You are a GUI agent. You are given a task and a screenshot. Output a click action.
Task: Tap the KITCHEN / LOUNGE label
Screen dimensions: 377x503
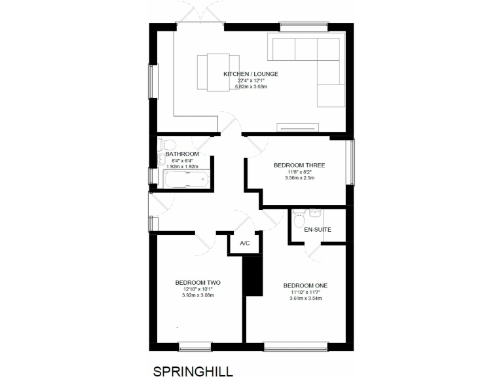click(x=251, y=74)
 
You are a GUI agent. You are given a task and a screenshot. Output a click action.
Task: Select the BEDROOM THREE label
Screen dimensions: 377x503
click(x=299, y=165)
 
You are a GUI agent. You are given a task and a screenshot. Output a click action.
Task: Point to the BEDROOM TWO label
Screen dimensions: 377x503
click(x=198, y=283)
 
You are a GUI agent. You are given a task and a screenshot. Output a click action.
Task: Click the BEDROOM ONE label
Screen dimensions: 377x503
click(x=305, y=285)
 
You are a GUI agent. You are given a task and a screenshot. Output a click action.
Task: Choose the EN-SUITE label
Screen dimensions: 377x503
click(x=318, y=230)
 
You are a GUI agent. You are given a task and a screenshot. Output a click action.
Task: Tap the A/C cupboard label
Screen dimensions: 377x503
click(x=245, y=243)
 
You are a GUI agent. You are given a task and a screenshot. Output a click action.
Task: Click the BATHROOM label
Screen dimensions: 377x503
click(x=182, y=154)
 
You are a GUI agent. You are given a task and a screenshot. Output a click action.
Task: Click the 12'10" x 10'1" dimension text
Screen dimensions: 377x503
click(x=198, y=289)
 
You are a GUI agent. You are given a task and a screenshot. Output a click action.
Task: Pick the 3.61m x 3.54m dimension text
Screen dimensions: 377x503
click(x=305, y=298)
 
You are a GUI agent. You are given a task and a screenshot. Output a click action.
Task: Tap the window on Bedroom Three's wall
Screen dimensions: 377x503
click(x=351, y=162)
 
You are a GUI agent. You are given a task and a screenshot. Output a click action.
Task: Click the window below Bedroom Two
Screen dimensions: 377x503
click(x=195, y=345)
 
